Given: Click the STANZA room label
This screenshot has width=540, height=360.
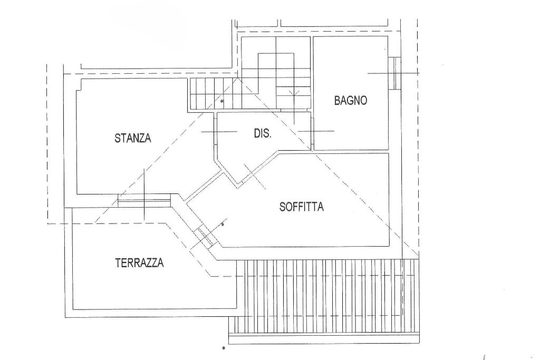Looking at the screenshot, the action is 133,139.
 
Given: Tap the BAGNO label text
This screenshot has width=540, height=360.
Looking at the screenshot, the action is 351,101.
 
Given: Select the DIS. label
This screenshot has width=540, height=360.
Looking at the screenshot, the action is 263,134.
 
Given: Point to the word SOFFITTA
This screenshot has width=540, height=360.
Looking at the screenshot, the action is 302,207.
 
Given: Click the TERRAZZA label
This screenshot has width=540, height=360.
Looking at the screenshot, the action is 139,262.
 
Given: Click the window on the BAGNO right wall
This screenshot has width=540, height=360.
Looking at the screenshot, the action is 392,73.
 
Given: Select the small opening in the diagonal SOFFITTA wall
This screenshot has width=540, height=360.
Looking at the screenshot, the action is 205,237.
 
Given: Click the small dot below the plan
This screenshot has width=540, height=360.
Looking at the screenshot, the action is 224,348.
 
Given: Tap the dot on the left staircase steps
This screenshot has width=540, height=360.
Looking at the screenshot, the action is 222,100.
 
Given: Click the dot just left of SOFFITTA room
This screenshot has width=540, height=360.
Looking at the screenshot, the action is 222,225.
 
